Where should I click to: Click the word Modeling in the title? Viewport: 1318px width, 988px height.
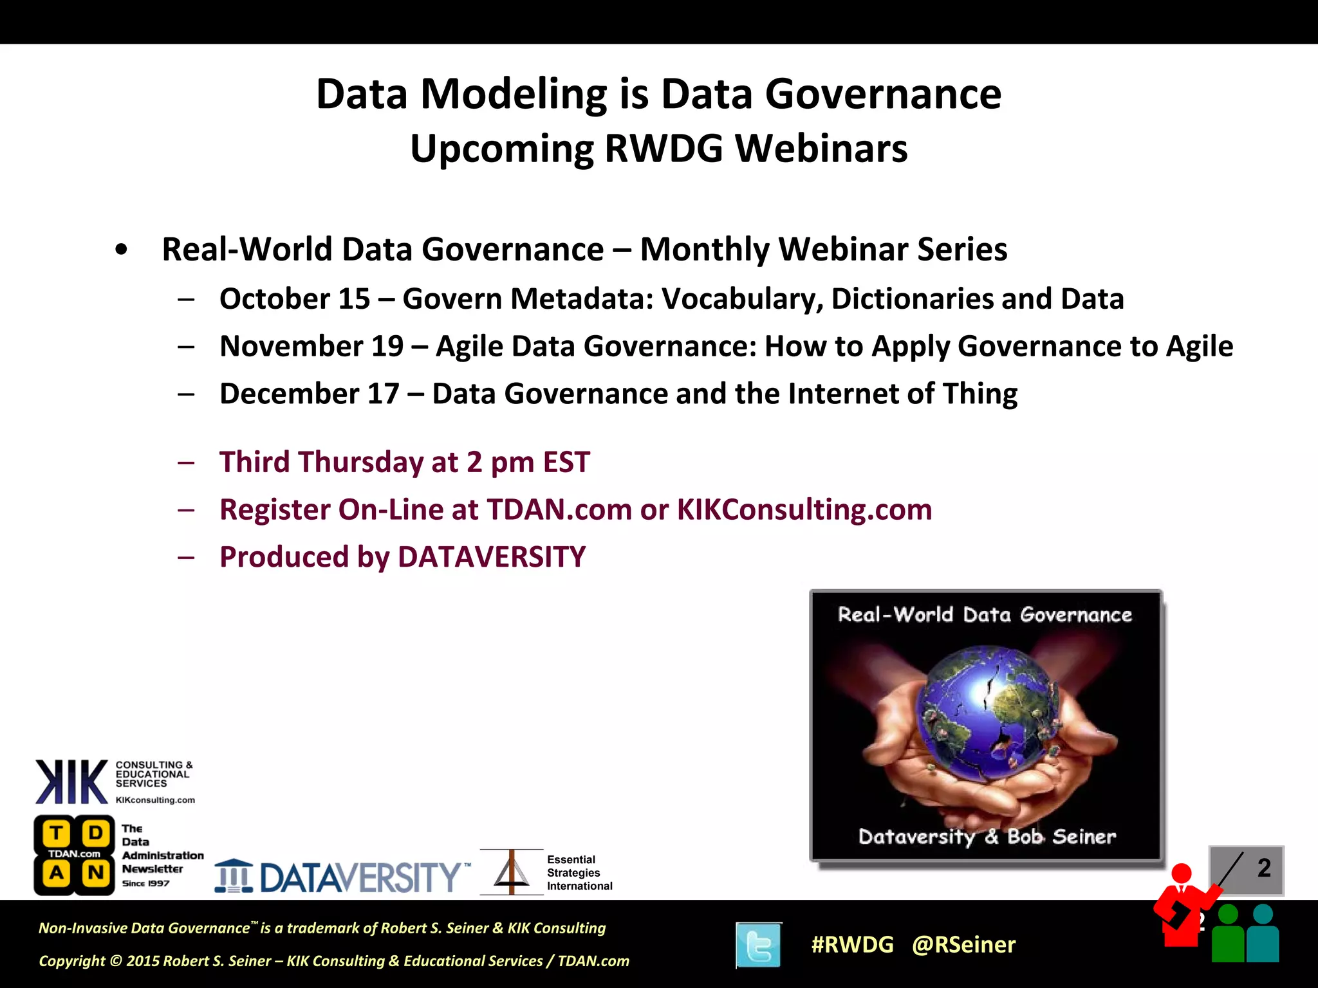coord(513,95)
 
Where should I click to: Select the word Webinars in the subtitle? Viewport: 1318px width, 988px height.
coord(821,149)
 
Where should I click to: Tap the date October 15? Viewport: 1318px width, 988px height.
coord(295,299)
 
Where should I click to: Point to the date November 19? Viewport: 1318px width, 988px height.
coord(311,347)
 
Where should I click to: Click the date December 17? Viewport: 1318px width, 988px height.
coord(309,394)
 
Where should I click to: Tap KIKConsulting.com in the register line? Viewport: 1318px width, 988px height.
coord(804,510)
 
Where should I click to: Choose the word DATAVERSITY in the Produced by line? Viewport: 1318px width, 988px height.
coord(492,557)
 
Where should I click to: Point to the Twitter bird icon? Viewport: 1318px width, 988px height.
coord(759,945)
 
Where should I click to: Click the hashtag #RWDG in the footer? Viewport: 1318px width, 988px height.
coord(852,945)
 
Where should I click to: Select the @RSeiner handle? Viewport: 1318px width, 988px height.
coord(963,945)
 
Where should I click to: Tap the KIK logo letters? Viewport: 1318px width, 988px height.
coord(71,782)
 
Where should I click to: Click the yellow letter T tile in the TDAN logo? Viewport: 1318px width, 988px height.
coord(57,833)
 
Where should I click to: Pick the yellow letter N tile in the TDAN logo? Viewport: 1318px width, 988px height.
coord(96,873)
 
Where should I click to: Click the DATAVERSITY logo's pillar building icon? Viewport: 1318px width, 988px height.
coord(234,876)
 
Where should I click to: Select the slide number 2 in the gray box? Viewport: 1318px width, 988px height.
coord(1264,868)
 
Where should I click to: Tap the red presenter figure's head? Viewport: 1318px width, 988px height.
coord(1181,874)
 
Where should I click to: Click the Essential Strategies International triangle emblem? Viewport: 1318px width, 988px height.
coord(512,872)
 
